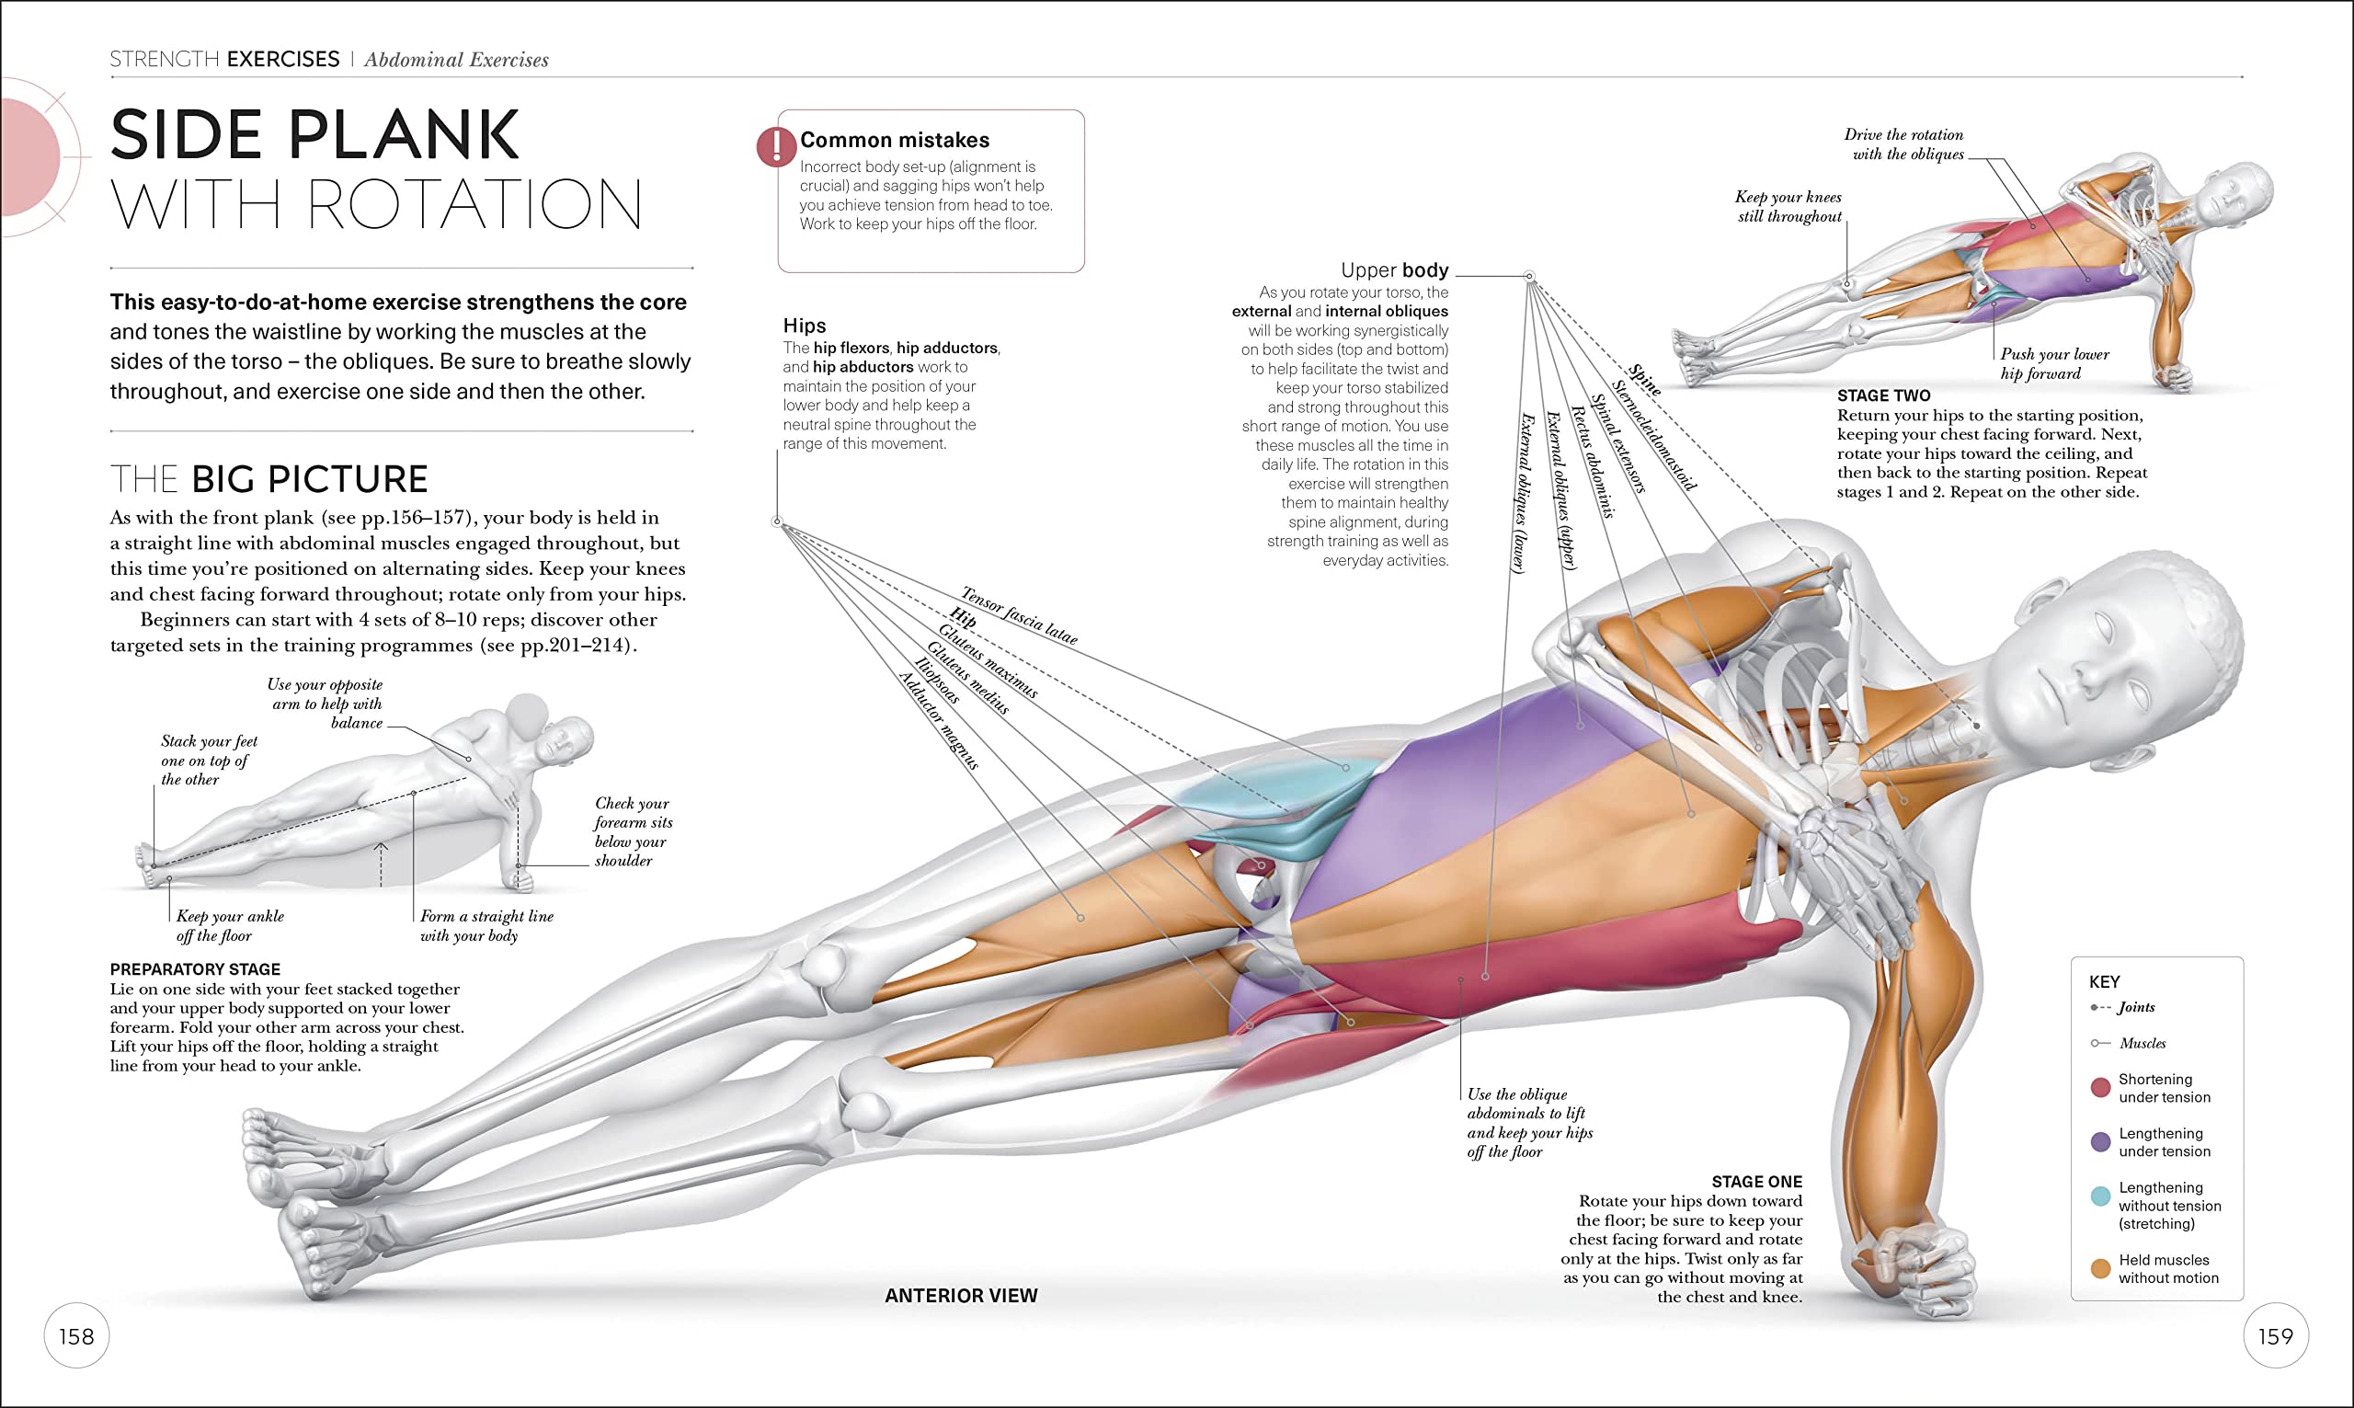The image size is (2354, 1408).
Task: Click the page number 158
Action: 76,1336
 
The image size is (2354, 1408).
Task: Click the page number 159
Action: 2275,1336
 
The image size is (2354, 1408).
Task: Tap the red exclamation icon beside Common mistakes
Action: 776,147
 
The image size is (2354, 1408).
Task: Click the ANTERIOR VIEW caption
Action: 961,1295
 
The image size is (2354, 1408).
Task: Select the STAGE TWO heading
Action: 1882,395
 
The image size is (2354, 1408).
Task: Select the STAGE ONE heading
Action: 1756,1181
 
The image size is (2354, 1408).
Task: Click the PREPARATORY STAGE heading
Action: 194,968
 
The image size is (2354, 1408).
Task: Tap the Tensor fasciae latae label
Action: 1020,616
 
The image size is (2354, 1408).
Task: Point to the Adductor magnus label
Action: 938,720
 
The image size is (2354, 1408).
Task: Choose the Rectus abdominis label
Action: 1593,461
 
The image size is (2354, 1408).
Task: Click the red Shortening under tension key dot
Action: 2100,1087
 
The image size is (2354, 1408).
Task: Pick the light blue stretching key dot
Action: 2100,1196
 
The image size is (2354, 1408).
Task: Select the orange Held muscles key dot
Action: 2100,1268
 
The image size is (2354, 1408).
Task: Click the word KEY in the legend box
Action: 2104,982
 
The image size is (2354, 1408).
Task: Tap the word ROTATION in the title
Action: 474,204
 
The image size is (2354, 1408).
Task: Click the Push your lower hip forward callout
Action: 2053,363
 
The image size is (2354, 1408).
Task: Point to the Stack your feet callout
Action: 209,760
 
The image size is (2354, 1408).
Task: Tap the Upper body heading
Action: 1393,269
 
